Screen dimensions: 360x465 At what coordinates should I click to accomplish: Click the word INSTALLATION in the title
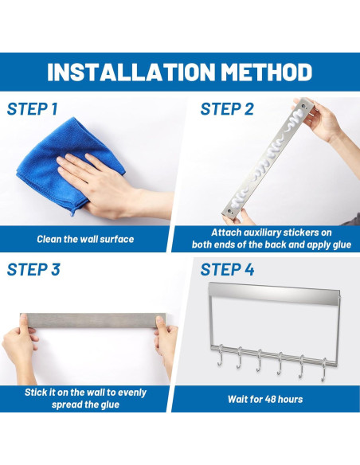click(131, 72)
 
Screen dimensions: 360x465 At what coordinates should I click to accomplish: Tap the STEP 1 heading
click(33, 109)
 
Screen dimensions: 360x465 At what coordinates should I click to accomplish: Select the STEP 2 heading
click(227, 109)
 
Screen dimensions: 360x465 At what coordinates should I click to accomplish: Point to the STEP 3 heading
click(33, 270)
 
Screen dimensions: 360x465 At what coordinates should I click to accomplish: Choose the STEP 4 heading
click(227, 270)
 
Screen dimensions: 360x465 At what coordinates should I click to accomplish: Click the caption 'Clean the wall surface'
click(85, 239)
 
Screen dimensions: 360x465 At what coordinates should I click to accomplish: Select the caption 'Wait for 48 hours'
click(265, 399)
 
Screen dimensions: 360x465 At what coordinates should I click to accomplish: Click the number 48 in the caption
click(270, 399)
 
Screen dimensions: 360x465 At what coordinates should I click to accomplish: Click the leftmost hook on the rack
click(220, 355)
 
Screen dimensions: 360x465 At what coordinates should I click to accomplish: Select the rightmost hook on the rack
click(324, 369)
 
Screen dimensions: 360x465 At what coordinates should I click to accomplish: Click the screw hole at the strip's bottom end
click(229, 212)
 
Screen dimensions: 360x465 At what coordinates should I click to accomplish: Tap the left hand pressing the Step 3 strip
click(20, 347)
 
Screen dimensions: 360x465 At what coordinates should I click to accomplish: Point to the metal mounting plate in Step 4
click(273, 294)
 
